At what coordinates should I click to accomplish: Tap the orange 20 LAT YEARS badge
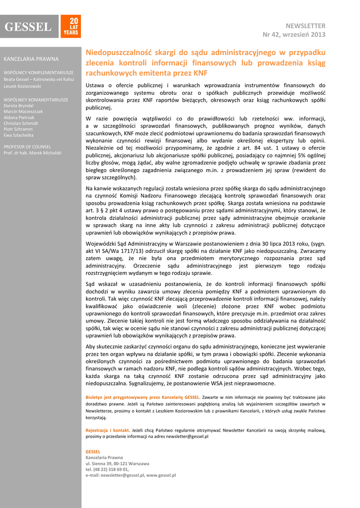pyautogui.click(x=71, y=27)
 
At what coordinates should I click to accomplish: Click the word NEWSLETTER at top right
pyautogui.click(x=305, y=25)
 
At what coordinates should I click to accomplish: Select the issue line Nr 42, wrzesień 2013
pyautogui.click(x=294, y=34)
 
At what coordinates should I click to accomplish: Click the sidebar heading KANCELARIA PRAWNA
pyautogui.click(x=31, y=59)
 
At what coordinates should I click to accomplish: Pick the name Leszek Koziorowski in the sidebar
pyautogui.click(x=23, y=86)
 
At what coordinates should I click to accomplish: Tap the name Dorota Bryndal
pyautogui.click(x=19, y=106)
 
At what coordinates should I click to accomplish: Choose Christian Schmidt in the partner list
pyautogui.click(x=21, y=123)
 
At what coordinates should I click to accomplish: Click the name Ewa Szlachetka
pyautogui.click(x=19, y=135)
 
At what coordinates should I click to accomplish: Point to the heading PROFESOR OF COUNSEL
pyautogui.click(x=27, y=147)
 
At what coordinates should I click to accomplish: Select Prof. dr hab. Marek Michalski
pyautogui.click(x=33, y=153)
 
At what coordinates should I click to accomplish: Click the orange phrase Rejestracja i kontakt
pyautogui.click(x=107, y=430)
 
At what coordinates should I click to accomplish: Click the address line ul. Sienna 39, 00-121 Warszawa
pyautogui.click(x=117, y=463)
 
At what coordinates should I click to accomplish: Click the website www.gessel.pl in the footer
pyautogui.click(x=161, y=475)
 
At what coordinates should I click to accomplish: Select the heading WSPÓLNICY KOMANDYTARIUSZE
pyautogui.click(x=36, y=100)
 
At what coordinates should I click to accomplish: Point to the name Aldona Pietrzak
pyautogui.click(x=19, y=118)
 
